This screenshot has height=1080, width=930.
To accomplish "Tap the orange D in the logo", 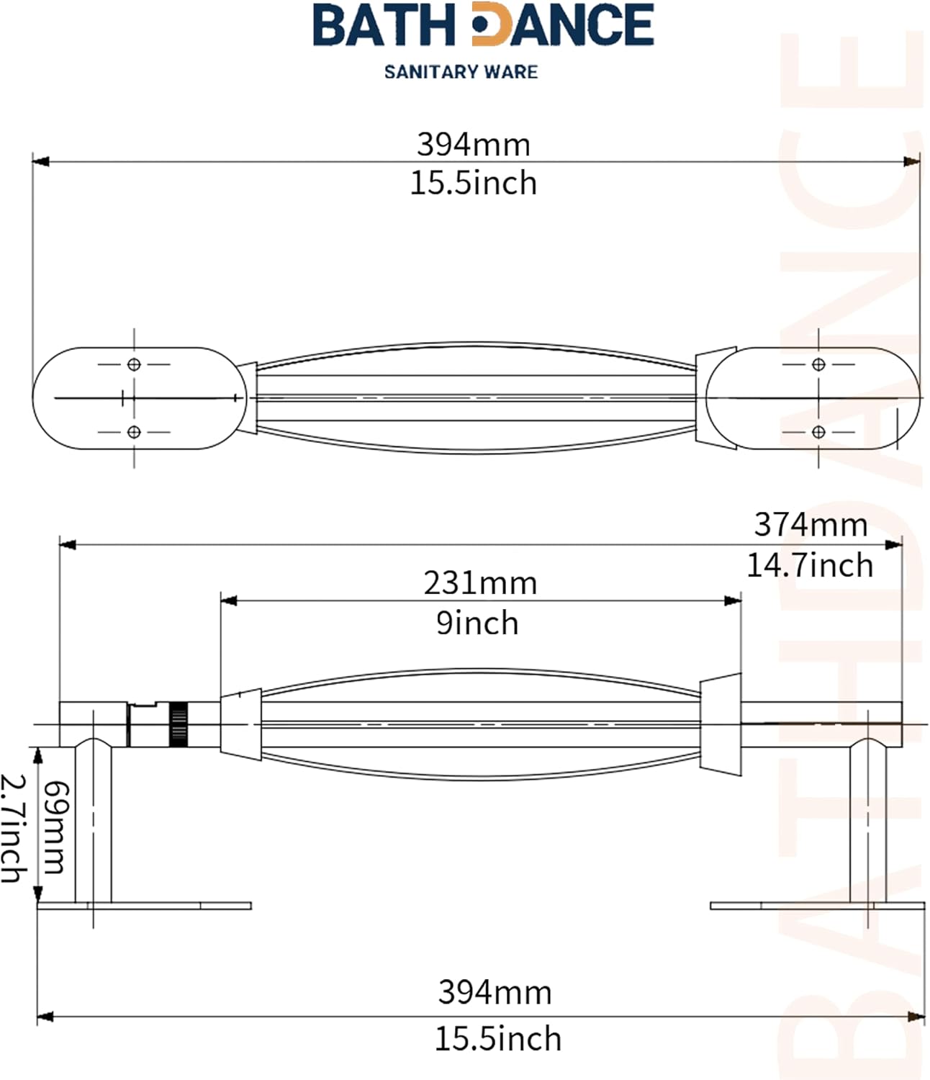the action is tap(490, 24).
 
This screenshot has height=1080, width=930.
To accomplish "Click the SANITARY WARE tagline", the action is tap(461, 71).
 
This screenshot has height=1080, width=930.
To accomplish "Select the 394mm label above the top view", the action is tap(474, 145).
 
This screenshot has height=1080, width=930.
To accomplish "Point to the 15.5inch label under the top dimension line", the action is tap(474, 183).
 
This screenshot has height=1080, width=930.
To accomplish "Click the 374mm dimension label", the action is tap(811, 525).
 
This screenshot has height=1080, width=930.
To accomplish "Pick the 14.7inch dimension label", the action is tap(810, 565).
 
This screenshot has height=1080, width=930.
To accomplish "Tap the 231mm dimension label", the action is tap(480, 583).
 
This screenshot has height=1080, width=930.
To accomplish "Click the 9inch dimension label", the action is tap(477, 623).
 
